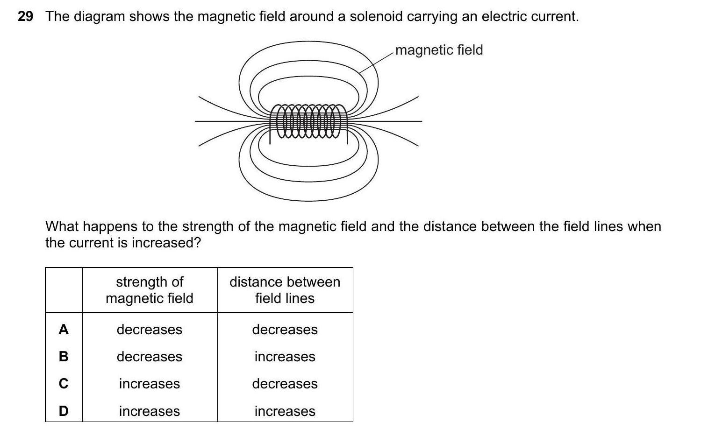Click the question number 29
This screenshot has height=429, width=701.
coord(25,17)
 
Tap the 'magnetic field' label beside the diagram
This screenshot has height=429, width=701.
coord(439,50)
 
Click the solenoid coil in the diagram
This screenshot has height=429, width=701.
coord(308,121)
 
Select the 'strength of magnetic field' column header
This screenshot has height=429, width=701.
coord(150,290)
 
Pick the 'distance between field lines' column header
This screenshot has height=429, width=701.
coord(285,290)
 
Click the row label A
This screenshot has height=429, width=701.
coord(64,330)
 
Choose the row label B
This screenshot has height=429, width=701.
coord(64,357)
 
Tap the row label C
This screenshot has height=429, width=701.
coord(64,384)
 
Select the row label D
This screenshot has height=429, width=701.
coord(64,411)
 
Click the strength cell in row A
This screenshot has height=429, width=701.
coord(150,330)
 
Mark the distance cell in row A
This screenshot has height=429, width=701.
coord(285,330)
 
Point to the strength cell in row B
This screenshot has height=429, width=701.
coord(150,357)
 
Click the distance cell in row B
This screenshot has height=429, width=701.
coord(285,357)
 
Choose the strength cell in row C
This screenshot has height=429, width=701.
coord(150,384)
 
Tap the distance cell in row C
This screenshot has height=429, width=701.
coord(285,384)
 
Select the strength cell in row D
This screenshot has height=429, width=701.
coord(150,411)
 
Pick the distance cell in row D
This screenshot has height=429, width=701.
coord(285,411)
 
